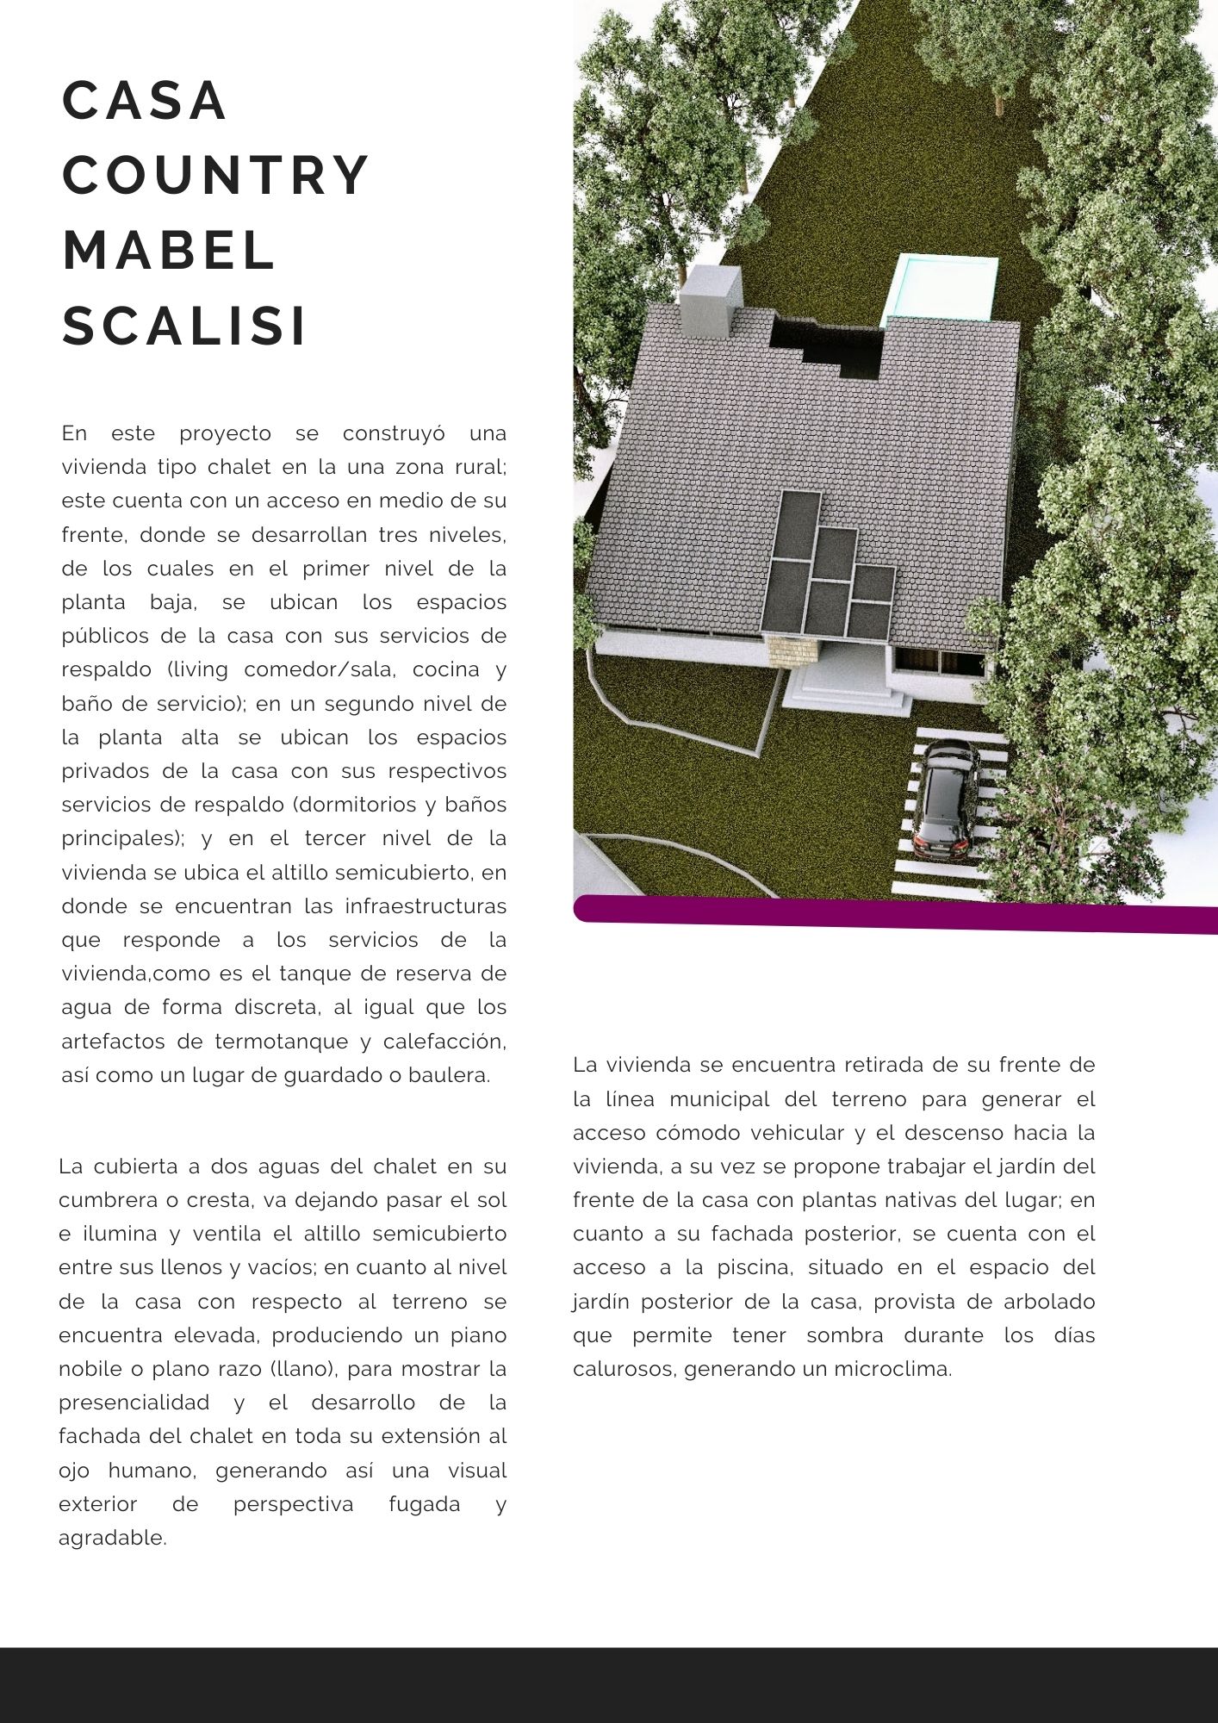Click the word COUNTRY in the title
(x=215, y=176)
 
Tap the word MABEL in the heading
(x=169, y=251)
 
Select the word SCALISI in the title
(x=184, y=327)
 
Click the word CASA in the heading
(x=145, y=101)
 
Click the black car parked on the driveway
(x=945, y=795)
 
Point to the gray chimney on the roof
(x=710, y=298)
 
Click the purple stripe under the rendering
(x=896, y=913)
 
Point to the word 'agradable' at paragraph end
(x=112, y=1538)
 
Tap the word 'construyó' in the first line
(x=394, y=433)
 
